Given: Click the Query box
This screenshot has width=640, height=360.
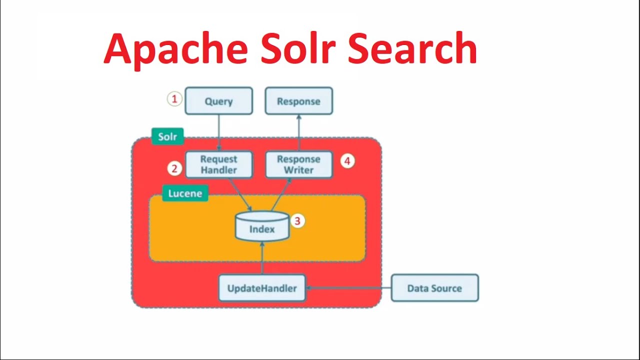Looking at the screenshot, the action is pos(219,101).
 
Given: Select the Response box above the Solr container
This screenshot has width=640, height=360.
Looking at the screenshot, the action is pos(299,101).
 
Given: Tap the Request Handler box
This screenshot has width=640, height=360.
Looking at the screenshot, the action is pos(219,164).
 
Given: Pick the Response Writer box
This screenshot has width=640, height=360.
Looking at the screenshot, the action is pos(299,164).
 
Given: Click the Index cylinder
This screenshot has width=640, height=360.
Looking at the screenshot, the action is pos(262,226).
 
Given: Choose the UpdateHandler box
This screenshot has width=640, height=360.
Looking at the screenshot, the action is pos(262,288).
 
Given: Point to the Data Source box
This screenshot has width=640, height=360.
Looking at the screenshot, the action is pos(435,288).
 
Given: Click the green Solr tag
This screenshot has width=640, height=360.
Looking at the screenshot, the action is pos(167,136).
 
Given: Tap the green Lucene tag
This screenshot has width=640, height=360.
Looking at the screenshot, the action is pos(185,193).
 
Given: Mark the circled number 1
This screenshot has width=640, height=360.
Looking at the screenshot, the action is pos(174,99).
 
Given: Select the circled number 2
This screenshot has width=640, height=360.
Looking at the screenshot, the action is pos(174,168).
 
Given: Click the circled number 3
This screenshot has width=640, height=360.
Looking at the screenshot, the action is pos(297,221).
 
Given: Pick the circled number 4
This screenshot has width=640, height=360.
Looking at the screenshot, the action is pos(347,161).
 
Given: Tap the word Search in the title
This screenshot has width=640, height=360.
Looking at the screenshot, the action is pos(412,48).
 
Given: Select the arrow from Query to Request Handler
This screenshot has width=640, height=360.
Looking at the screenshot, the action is pos(219,133).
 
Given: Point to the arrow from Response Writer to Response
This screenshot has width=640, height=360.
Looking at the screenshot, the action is pos(299,133).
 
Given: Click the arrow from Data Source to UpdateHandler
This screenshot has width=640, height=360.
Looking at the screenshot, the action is pos(348,288).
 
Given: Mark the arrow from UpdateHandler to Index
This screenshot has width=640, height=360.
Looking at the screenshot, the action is pos(262,258).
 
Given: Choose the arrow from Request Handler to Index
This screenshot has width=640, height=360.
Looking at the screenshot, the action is pos(240,195).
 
